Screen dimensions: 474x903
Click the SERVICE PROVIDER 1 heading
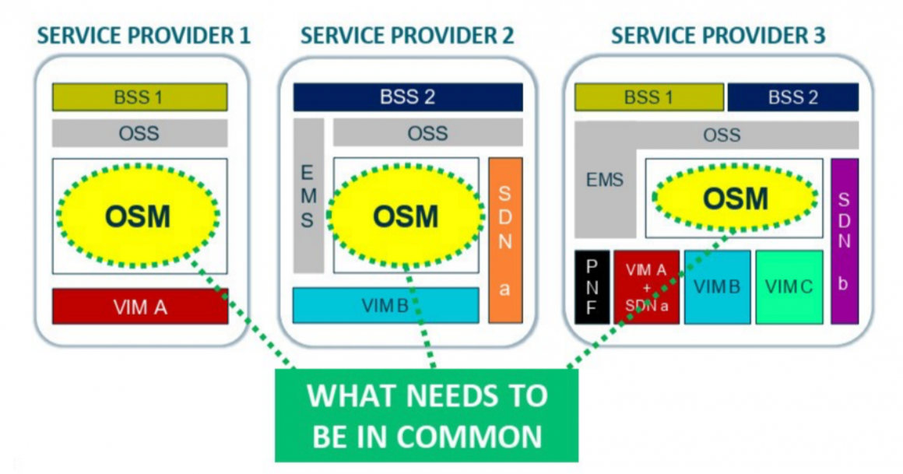click(x=144, y=36)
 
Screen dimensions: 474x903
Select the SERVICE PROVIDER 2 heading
click(x=407, y=36)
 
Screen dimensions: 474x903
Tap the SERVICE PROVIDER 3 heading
click(x=718, y=36)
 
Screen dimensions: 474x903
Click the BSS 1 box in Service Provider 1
click(x=140, y=97)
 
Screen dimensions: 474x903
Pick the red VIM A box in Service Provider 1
click(x=140, y=307)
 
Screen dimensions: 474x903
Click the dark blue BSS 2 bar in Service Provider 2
click(x=407, y=97)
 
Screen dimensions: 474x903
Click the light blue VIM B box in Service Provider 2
click(x=385, y=305)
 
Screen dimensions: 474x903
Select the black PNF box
click(x=591, y=287)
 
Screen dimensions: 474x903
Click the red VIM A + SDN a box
click(x=646, y=287)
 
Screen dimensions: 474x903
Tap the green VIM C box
click(x=789, y=287)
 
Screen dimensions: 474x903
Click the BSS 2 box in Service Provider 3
click(x=792, y=97)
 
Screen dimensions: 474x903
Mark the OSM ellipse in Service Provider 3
click(x=735, y=199)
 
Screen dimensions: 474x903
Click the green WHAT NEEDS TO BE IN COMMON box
click(x=427, y=416)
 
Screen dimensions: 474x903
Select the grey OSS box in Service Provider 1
click(x=140, y=133)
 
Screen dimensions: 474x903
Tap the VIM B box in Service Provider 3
click(x=717, y=287)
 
